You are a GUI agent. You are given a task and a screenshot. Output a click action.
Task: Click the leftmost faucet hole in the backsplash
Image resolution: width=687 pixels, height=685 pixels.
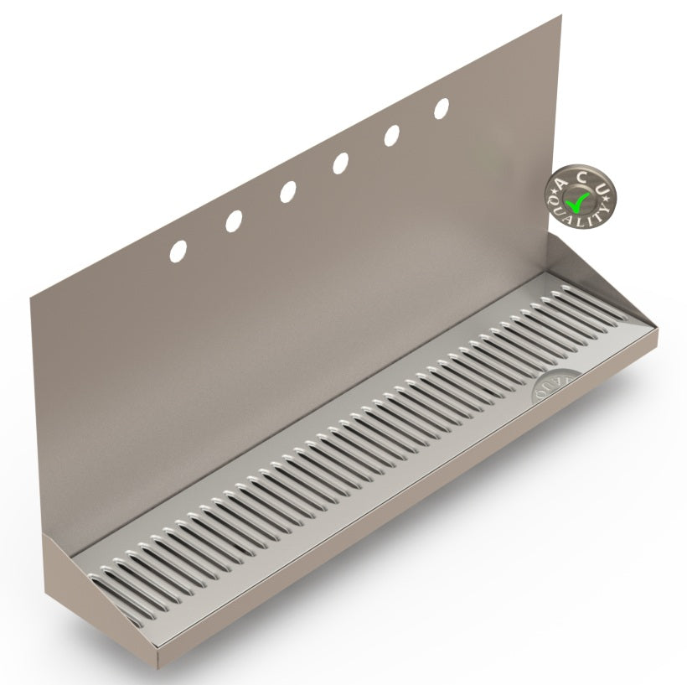pyautogui.click(x=178, y=250)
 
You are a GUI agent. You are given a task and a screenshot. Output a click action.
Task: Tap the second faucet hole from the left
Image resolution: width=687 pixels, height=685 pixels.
pyautogui.click(x=234, y=221)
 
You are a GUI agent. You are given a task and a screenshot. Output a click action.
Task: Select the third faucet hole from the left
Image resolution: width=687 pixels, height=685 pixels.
pyautogui.click(x=287, y=191)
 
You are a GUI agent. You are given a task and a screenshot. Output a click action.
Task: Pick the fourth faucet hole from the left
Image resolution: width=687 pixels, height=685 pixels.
pyautogui.click(x=340, y=163)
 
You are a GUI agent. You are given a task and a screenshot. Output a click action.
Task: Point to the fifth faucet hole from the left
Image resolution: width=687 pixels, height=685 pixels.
pyautogui.click(x=391, y=135)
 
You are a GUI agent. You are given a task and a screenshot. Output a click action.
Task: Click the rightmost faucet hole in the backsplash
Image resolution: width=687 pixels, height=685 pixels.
pyautogui.click(x=442, y=108)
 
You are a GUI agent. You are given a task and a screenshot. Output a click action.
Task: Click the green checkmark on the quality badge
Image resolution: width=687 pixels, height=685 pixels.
pyautogui.click(x=579, y=200)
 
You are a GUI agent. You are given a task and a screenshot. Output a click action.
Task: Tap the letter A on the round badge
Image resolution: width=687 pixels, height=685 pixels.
pyautogui.click(x=560, y=179)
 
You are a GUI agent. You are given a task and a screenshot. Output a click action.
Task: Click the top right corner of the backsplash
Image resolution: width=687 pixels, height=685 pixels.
pyautogui.click(x=560, y=16)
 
